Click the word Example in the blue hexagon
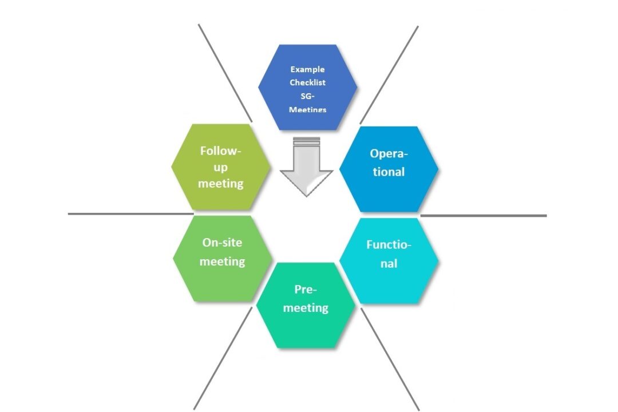point(307,69)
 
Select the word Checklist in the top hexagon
point(307,82)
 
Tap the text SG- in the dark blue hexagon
point(307,96)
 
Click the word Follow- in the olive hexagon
point(221,151)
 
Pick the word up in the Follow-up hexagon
point(221,167)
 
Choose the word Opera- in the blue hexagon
point(389,153)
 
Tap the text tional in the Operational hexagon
point(389,172)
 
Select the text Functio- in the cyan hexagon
point(389,245)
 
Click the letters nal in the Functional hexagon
point(389,264)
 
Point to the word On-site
point(222,242)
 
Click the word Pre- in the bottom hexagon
point(306,289)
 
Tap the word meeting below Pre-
point(306,308)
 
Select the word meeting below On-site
point(222,262)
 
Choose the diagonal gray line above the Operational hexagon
point(389,74)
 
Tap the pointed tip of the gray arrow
point(306,195)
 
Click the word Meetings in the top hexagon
point(307,109)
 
